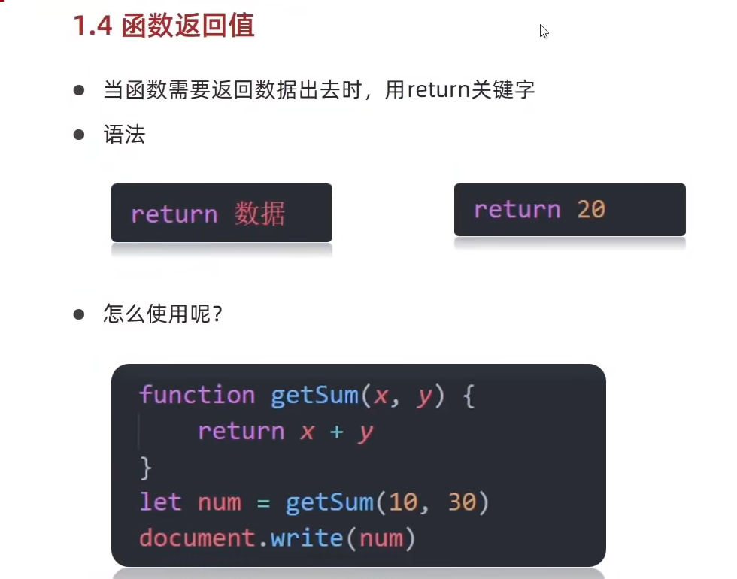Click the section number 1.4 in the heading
pyautogui.click(x=93, y=26)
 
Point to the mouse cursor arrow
pyautogui.click(x=543, y=30)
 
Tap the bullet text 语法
pyautogui.click(x=124, y=135)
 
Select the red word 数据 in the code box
pyautogui.click(x=259, y=214)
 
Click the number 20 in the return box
pyautogui.click(x=591, y=209)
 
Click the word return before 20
pyautogui.click(x=517, y=209)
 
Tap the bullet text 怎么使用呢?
pyautogui.click(x=162, y=314)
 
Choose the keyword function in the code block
pyautogui.click(x=197, y=396)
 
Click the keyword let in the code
pyautogui.click(x=160, y=502)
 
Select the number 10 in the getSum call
pyautogui.click(x=403, y=502)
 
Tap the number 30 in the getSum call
pyautogui.click(x=462, y=502)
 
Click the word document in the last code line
pyautogui.click(x=196, y=538)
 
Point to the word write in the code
pyautogui.click(x=308, y=538)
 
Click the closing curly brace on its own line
pyautogui.click(x=146, y=468)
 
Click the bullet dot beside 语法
pyautogui.click(x=79, y=135)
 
